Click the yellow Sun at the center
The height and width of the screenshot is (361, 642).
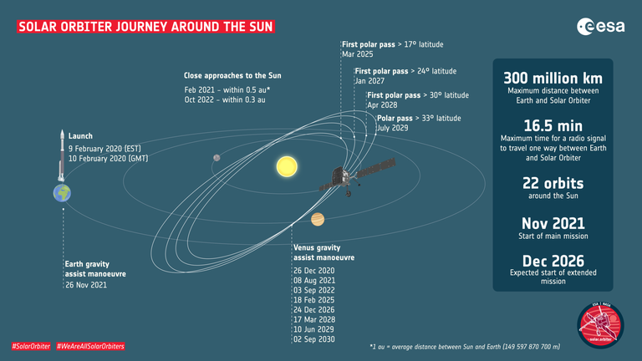[287, 166]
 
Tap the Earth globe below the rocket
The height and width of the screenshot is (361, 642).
[62, 193]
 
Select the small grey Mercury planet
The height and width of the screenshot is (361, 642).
[216, 156]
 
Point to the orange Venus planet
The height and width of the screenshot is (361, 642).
[318, 220]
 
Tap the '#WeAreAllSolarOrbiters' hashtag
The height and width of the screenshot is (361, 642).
[91, 346]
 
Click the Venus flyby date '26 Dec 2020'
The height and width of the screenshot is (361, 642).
[314, 271]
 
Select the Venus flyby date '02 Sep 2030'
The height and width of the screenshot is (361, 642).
[314, 341]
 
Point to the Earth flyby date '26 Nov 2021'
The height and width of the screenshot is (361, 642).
[85, 284]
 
